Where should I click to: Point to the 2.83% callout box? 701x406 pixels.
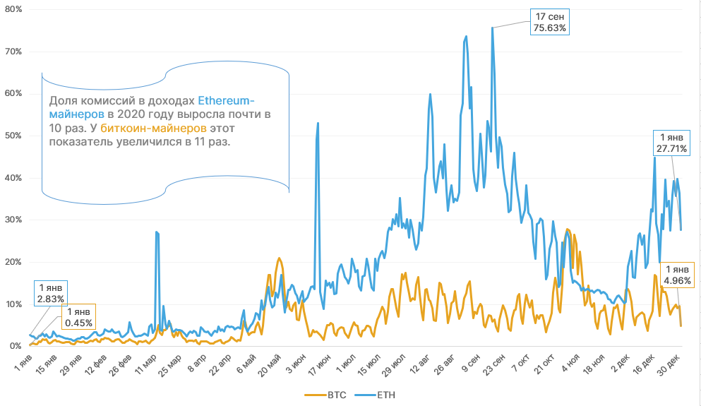(x=51, y=294)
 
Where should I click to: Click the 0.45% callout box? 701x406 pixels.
(x=78, y=318)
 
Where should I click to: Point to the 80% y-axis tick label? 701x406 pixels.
(x=15, y=9)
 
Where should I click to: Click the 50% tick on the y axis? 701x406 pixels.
(x=15, y=136)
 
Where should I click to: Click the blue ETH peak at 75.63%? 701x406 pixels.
(x=492, y=28)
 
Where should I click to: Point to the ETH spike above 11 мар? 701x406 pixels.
(x=157, y=232)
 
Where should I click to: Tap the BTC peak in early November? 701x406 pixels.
(x=568, y=229)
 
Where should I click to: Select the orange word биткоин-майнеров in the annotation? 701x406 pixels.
(x=154, y=128)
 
